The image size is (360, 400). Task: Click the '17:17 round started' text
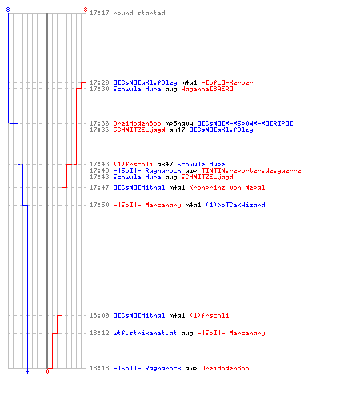(x=127, y=13)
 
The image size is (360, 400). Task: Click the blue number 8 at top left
(x=8, y=10)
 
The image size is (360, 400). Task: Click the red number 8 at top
(x=86, y=10)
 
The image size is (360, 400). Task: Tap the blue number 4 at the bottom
(x=27, y=371)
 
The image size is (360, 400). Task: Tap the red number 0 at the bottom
(x=47, y=371)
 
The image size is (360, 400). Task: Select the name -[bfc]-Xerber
(x=227, y=82)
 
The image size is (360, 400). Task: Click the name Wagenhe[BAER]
(x=207, y=89)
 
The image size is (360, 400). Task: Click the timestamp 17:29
(x=99, y=82)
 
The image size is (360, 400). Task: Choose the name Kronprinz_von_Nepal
(x=227, y=187)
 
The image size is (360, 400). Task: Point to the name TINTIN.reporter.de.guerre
(x=251, y=170)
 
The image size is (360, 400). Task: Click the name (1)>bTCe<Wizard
(x=235, y=205)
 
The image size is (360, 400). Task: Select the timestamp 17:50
(x=99, y=205)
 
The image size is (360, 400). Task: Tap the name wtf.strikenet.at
(x=145, y=333)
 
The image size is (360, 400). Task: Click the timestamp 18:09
(x=99, y=315)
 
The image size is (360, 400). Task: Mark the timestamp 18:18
(x=99, y=368)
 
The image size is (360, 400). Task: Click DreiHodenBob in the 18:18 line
(x=225, y=368)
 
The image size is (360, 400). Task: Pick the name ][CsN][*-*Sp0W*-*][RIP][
(x=246, y=123)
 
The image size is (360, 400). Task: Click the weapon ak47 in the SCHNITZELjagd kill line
(x=177, y=130)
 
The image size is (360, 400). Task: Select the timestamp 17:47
(x=99, y=187)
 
